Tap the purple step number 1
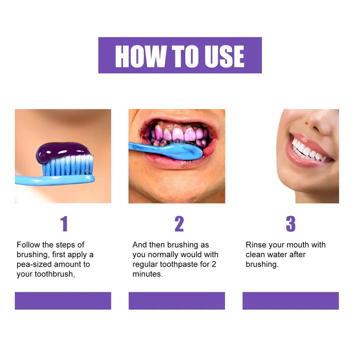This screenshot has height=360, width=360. click(x=64, y=224)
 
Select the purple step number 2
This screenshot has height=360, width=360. click(x=179, y=224)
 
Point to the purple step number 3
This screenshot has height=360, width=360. click(x=291, y=224)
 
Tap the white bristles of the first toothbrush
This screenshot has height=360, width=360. click(x=67, y=165)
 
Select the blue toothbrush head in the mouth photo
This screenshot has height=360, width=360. click(x=184, y=150)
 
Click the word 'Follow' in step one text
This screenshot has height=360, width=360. click(x=28, y=245)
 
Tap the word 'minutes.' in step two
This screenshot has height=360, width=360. click(x=148, y=274)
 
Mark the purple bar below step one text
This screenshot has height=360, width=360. click(x=63, y=301)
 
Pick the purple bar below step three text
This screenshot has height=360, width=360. click(x=291, y=301)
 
